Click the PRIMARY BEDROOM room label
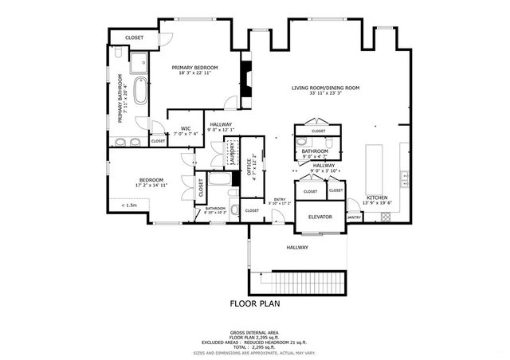pyautogui.click(x=195, y=68)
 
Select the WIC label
pyautogui.click(x=186, y=128)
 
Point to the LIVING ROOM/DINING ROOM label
pyautogui.click(x=325, y=88)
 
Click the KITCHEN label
pyautogui.click(x=377, y=198)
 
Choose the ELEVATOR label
pyautogui.click(x=320, y=217)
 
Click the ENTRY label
pyautogui.click(x=280, y=199)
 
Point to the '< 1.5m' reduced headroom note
pyautogui.click(x=129, y=205)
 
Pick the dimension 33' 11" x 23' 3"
pyautogui.click(x=325, y=93)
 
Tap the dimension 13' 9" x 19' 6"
pyautogui.click(x=377, y=203)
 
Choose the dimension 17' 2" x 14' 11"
pyautogui.click(x=151, y=186)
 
